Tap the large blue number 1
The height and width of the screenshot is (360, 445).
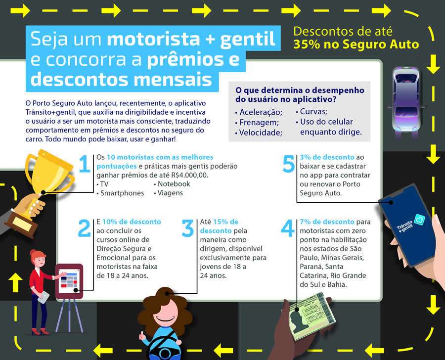[85, 165]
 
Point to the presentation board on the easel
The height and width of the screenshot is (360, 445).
[67, 280]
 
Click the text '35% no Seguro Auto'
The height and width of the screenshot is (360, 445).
[356, 45]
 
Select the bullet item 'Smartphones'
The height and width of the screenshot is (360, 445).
[122, 193]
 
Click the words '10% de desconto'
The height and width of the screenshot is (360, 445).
[123, 222]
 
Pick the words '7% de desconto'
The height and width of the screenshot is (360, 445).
[327, 222]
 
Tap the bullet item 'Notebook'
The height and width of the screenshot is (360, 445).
[174, 183]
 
